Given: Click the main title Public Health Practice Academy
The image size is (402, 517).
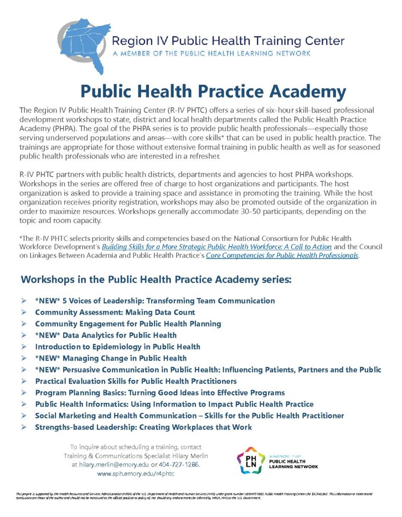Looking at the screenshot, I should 213,91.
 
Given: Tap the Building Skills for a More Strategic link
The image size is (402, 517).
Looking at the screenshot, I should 217,247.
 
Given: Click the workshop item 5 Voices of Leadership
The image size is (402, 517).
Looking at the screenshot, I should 155,301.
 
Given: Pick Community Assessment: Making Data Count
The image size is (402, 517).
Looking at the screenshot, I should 115,313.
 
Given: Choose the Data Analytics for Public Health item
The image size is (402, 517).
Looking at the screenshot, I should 106,335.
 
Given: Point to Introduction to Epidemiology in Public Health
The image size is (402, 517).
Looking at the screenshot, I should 118,347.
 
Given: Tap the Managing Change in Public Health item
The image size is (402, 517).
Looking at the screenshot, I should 111,358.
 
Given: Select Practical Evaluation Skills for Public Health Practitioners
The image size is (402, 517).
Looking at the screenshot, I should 136,381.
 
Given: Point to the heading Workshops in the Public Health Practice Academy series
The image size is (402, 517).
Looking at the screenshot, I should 157,279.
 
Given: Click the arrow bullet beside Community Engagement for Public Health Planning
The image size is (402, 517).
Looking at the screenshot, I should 24,324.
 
